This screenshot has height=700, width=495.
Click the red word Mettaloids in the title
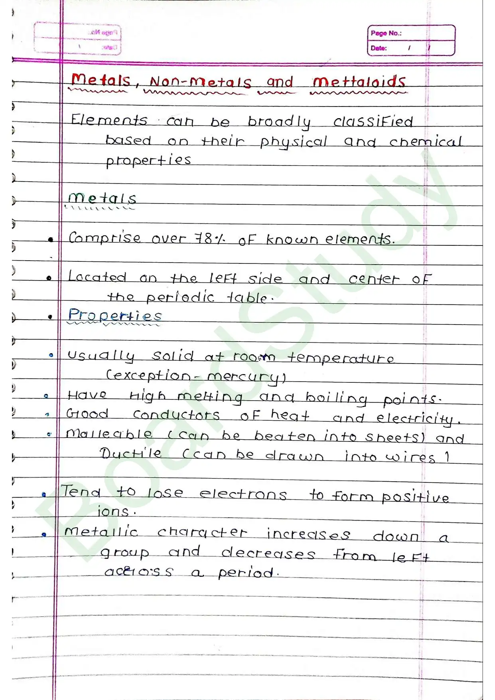coord(359,82)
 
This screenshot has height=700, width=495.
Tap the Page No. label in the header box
coord(386,33)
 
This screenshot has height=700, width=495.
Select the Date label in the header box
coord(379,48)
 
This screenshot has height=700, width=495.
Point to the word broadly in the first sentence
coord(279,121)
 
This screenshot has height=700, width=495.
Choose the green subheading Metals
coord(102,198)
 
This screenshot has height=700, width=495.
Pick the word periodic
coord(180,297)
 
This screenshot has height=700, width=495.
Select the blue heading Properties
coord(115,315)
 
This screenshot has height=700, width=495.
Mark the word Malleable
coord(109,434)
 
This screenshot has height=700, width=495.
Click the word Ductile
coord(130,453)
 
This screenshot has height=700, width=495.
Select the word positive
coord(415,497)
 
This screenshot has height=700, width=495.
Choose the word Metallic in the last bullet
coord(101,532)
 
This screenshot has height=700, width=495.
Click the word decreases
coord(268,553)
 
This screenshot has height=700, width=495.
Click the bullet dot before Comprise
coord(51,239)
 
